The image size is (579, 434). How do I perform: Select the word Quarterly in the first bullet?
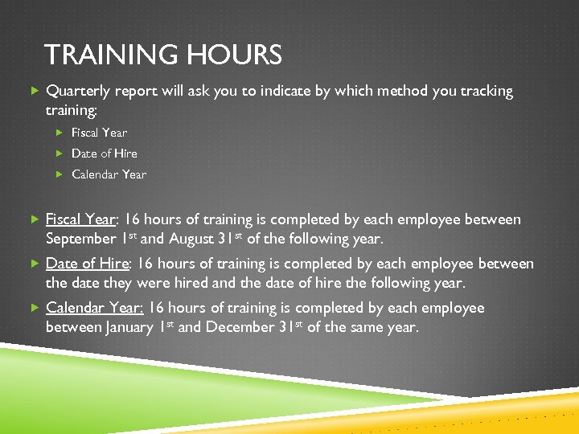[79, 92]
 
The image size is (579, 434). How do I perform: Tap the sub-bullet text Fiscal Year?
[99, 133]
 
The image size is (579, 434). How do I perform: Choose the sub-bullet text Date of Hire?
[105, 154]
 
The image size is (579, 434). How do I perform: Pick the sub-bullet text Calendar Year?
[109, 174]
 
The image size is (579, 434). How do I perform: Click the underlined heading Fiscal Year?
[80, 219]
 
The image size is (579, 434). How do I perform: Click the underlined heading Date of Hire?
[87, 264]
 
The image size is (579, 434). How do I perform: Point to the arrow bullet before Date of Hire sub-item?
[60, 154]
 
